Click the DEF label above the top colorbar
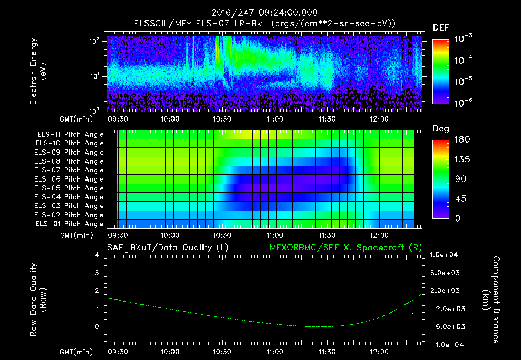pos(440,27)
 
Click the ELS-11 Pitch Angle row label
pos(70,135)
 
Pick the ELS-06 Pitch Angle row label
pos(70,179)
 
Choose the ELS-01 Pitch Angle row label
pos(70,224)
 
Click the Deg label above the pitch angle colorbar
pos(440,129)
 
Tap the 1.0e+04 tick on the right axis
pos(446,255)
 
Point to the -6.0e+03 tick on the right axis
pos(446,327)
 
